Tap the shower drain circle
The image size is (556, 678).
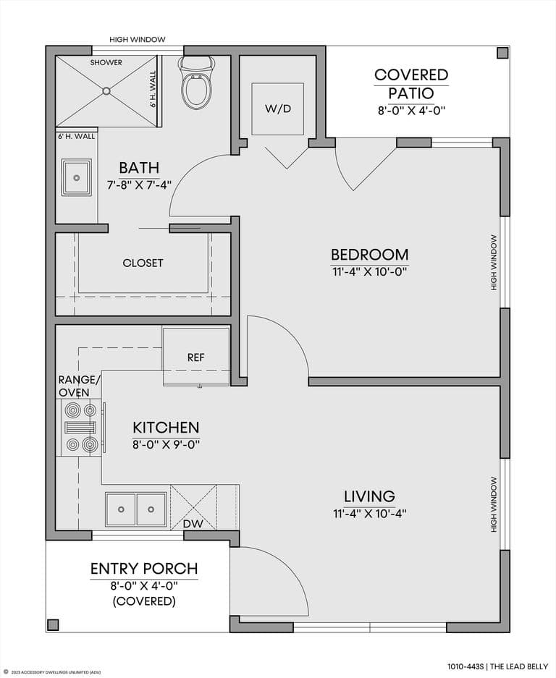coord(106,90)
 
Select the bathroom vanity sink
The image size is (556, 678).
coord(77,177)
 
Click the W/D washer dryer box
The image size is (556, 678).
coord(278,109)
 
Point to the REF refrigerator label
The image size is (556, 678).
coord(196,357)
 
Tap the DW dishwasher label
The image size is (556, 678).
coord(193,524)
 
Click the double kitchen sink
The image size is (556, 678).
coord(136,509)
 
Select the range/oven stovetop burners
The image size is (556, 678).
coord(80,427)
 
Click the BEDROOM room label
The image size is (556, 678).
coord(369,254)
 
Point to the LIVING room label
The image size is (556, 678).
coord(369,496)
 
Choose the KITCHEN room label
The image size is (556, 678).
coord(167,428)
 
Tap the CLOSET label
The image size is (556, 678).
coord(143,263)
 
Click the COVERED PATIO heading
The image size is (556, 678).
coord(411,84)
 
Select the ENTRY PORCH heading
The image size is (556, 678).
coord(144,569)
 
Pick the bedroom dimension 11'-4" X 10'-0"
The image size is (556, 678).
coord(369,272)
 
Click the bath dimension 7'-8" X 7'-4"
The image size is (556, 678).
coord(139,185)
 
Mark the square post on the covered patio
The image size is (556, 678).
coord(502,54)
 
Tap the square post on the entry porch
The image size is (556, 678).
coord(53,624)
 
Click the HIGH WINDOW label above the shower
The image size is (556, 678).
coord(137,39)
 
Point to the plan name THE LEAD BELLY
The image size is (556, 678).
coord(520,666)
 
